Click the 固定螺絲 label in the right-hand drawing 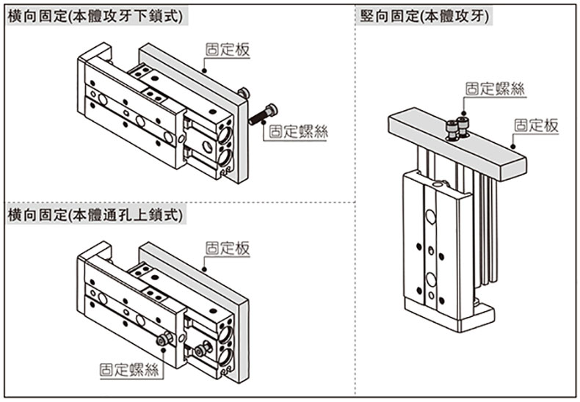click(496, 89)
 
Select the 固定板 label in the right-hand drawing click(536, 126)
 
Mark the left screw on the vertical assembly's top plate click(452, 128)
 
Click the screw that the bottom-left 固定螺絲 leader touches click(164, 339)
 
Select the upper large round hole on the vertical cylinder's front click(431, 217)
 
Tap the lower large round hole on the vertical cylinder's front click(431, 279)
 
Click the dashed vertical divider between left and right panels click(356, 198)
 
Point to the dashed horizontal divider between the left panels click(176, 200)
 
